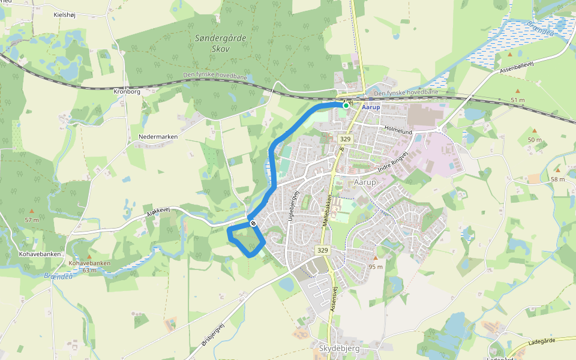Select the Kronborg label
coord(127,92)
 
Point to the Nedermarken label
coord(158,137)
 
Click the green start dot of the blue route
coord(345,104)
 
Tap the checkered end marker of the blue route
coord(254,223)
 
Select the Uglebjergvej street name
coord(294,208)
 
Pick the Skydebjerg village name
coord(335,349)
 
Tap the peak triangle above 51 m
coord(511,55)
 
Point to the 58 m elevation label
coord(557,179)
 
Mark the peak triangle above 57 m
coord(31,211)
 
